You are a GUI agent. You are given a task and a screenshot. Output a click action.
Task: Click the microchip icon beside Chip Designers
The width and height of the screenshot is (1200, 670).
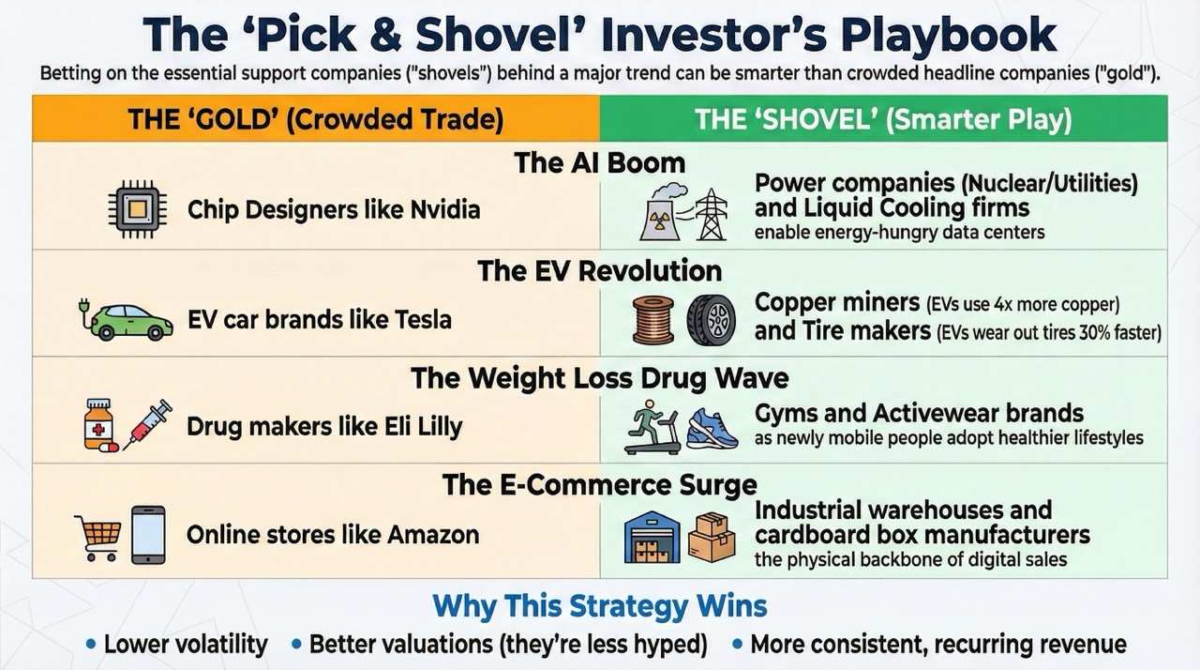137,208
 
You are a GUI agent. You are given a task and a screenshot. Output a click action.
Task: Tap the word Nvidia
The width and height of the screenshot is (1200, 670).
445,209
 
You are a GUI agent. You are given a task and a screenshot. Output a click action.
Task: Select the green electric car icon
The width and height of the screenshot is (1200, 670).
126,320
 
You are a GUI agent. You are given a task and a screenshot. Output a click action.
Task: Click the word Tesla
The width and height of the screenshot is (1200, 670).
419,319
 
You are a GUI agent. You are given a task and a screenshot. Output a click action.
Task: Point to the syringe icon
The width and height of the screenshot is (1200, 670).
148,425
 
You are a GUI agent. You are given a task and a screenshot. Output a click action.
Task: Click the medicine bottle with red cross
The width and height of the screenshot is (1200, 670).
100,425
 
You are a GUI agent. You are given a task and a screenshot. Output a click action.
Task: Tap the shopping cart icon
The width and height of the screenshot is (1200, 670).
97,536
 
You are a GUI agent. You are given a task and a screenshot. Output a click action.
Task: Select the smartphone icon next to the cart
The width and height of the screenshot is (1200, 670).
148,535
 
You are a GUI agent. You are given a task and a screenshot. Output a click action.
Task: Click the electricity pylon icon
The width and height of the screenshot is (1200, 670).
712,214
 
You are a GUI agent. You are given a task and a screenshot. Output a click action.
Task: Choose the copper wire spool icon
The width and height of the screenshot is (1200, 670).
652,320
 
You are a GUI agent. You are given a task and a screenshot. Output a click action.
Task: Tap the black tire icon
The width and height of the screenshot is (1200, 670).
711,320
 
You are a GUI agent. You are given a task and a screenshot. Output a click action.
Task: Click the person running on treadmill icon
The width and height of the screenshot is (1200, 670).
652,428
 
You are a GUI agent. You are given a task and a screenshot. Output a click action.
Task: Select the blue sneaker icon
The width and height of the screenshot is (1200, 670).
712,428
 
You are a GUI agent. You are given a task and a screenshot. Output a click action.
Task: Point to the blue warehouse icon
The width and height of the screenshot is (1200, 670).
652,536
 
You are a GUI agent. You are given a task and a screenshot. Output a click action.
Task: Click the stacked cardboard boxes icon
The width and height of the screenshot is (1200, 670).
712,536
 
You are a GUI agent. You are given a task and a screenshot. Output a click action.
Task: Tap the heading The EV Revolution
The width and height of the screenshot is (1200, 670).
600,271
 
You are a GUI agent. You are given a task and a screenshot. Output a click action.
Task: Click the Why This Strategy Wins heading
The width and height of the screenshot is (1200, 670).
600,606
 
